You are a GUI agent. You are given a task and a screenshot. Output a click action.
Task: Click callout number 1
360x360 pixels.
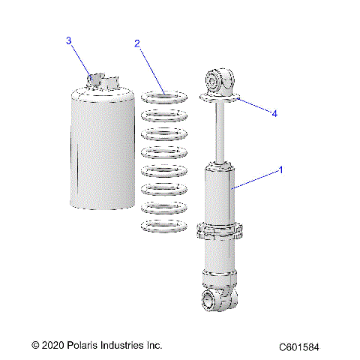[x=281, y=169]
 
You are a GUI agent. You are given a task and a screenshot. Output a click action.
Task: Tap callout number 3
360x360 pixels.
[x=69, y=40]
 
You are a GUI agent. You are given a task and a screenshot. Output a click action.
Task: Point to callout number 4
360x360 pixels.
[x=274, y=113]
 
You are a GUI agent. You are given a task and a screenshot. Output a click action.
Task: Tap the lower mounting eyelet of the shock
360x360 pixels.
[x=223, y=302]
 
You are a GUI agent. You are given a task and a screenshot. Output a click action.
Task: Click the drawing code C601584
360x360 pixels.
[x=308, y=347]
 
